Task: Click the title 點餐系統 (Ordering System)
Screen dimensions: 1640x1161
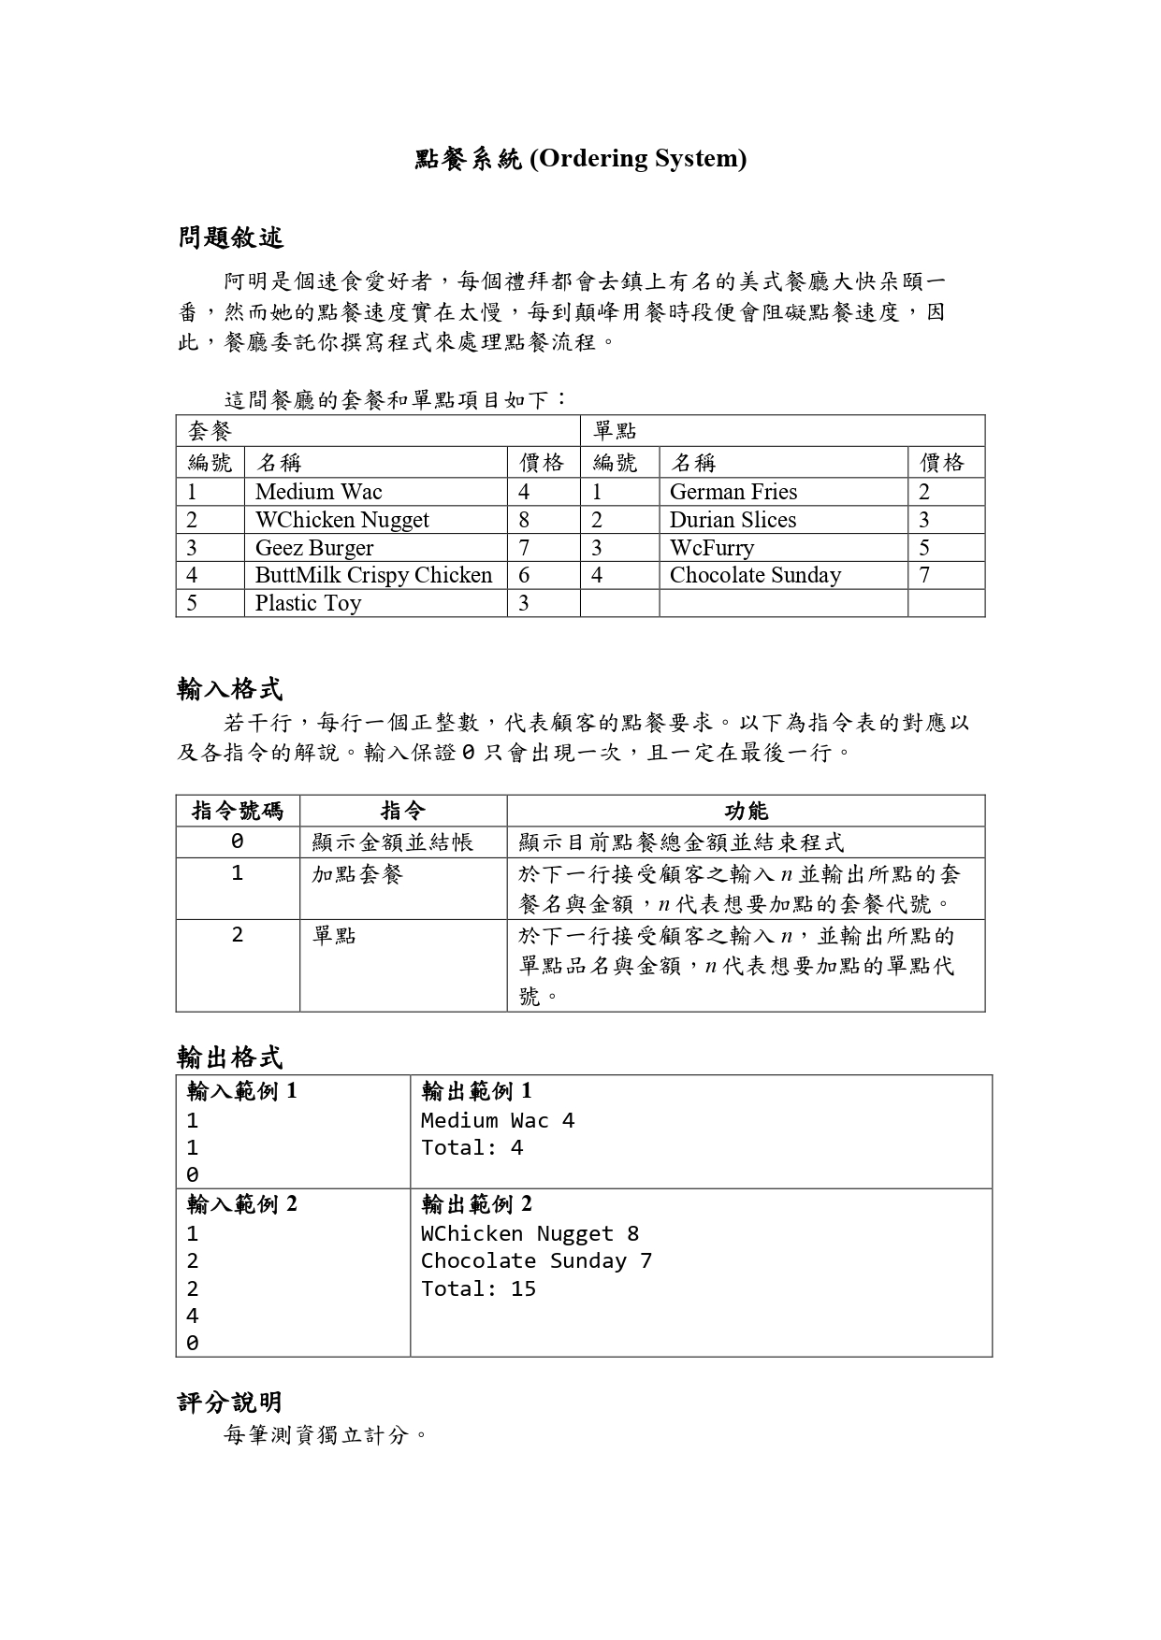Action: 580,159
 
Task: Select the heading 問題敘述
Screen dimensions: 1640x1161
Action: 230,237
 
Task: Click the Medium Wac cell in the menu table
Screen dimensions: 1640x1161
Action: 318,492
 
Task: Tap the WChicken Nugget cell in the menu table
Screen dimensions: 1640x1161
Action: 341,520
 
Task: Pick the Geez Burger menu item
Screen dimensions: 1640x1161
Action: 313,548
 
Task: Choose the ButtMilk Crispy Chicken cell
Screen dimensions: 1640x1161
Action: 373,575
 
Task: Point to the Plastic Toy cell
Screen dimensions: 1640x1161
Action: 308,603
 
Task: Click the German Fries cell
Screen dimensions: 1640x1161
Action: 733,492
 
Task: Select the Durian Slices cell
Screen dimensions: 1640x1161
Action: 733,520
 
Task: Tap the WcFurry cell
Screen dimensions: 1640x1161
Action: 711,548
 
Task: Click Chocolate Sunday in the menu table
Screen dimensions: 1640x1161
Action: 755,575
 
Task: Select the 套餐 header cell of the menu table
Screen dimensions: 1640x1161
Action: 210,431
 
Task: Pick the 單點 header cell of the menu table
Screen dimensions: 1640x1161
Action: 615,431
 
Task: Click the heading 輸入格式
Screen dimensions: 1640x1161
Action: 230,690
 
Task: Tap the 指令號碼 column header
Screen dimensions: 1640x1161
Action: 238,811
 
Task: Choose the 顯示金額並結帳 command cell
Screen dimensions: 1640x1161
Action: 393,842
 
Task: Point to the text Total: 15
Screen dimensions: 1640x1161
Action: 478,1288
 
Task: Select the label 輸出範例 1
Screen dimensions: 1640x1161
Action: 476,1091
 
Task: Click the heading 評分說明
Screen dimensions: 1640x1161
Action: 230,1403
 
